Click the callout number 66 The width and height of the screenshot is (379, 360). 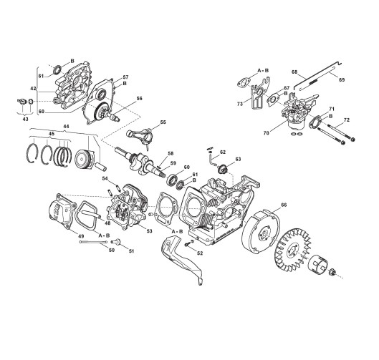pos(284,205)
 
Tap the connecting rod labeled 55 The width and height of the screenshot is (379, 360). pos(139,135)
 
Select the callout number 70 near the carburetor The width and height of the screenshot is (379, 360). pos(266,133)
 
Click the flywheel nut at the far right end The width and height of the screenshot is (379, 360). pos(332,273)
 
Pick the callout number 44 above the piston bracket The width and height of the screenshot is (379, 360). pos(66,126)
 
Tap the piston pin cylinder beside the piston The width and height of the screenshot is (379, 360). pos(100,166)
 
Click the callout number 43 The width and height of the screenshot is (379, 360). pos(25,119)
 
